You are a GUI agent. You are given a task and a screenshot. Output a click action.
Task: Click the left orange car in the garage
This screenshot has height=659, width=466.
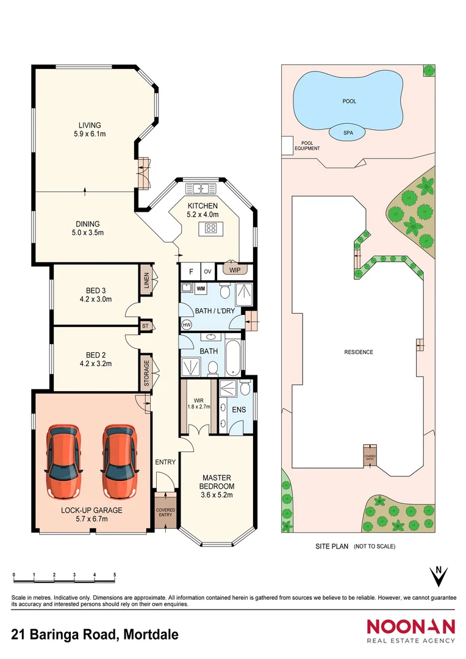tap(64, 453)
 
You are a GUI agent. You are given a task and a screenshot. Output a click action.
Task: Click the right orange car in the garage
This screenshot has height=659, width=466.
tap(118, 453)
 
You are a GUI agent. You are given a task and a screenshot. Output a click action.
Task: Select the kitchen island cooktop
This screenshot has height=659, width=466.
tap(211, 229)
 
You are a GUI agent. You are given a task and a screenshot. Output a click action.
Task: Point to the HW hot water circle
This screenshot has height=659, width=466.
tap(186, 325)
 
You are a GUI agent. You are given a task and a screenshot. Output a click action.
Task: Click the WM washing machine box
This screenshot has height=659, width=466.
tap(201, 288)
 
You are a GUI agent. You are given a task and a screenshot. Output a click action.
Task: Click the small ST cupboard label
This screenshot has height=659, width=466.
tap(145, 326)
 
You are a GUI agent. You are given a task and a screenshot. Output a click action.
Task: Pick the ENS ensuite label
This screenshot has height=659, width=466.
tap(238, 409)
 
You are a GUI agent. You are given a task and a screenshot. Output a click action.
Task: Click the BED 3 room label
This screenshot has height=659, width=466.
tap(92, 290)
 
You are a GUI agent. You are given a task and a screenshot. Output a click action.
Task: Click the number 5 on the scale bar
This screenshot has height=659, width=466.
tap(115, 575)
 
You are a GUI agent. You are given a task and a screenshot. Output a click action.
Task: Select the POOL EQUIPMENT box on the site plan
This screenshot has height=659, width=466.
tap(287, 145)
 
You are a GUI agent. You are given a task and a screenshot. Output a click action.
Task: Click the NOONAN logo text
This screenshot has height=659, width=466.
tap(410, 627)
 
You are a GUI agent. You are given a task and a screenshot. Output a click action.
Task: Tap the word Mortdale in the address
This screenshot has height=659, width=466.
tap(151, 635)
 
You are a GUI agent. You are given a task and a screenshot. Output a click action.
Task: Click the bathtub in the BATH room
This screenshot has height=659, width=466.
tap(233, 359)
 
